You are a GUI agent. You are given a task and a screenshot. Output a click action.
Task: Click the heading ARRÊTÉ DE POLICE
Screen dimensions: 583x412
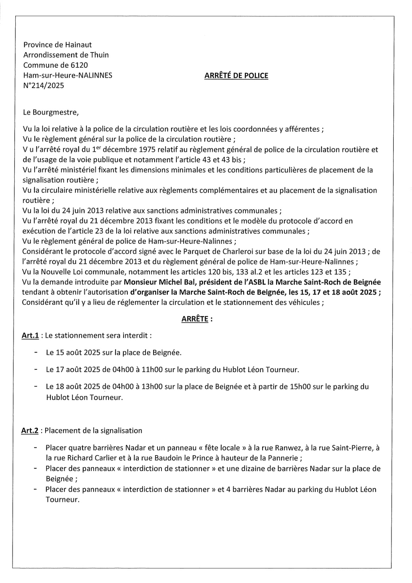click(236, 76)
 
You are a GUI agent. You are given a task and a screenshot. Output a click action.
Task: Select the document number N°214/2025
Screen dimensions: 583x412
click(43, 86)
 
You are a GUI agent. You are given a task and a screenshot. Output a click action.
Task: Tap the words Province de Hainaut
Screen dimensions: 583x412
click(58, 45)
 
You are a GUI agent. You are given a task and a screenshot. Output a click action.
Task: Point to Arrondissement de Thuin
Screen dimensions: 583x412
click(66, 55)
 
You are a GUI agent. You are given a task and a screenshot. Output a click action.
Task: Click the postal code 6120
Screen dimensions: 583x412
click(80, 65)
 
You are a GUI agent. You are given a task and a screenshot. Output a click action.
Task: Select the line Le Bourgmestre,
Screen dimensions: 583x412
click(51, 112)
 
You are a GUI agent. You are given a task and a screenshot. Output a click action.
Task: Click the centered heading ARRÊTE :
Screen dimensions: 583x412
click(197, 319)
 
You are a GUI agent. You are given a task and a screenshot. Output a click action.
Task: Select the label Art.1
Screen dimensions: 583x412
click(30, 335)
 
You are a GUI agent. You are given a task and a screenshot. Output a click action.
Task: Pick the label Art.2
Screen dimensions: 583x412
click(30, 430)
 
